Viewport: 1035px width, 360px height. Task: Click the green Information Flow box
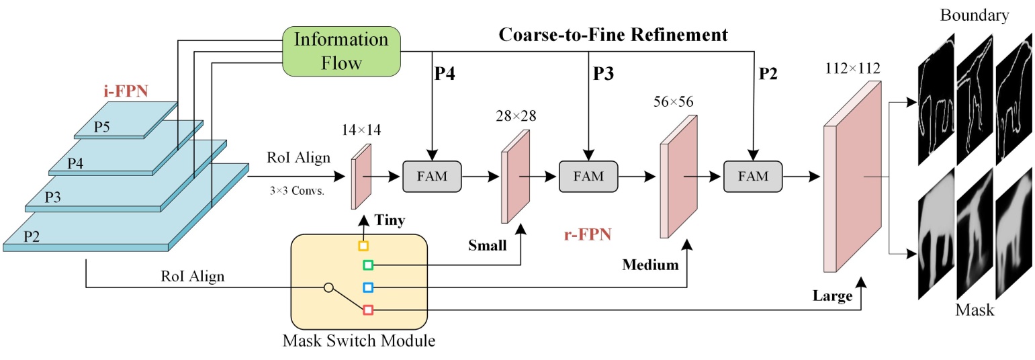(x=341, y=51)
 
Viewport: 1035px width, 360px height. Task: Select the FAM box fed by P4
(x=432, y=176)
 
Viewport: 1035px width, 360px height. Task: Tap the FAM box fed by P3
(x=588, y=176)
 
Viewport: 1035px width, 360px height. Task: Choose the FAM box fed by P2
(x=753, y=176)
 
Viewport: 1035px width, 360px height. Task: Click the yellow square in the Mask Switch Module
(x=363, y=246)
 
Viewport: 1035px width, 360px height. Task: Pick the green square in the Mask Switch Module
(x=368, y=265)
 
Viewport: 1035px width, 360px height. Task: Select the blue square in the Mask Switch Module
(x=368, y=287)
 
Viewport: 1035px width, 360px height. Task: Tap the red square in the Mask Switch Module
(x=368, y=310)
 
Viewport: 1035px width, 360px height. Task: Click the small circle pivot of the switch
(x=328, y=287)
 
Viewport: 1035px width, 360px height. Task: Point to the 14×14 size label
(x=361, y=130)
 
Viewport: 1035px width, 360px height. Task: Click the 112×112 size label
(x=852, y=69)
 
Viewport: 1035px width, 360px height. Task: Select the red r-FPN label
(x=588, y=234)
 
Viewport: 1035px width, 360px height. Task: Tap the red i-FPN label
(x=126, y=91)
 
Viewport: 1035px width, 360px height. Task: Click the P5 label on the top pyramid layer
(x=101, y=127)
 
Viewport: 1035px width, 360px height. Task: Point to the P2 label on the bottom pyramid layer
(x=32, y=236)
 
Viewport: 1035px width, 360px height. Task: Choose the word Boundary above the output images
(x=975, y=15)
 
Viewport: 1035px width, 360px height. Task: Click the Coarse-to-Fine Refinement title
(x=613, y=35)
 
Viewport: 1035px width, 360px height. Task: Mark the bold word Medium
(x=651, y=265)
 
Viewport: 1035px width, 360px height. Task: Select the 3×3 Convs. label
(x=297, y=190)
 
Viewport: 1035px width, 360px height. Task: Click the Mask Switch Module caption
(x=359, y=341)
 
